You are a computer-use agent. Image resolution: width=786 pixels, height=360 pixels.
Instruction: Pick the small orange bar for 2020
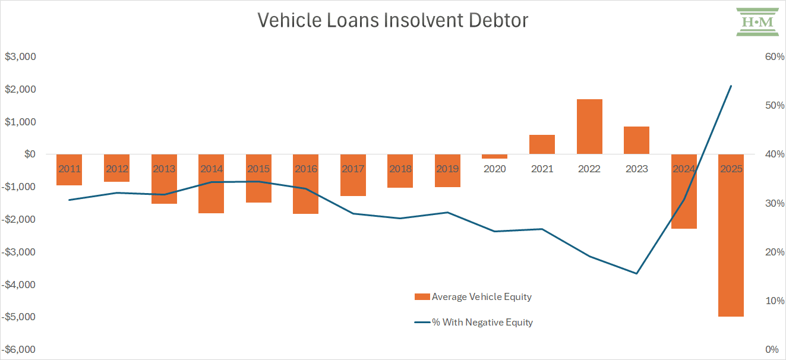tap(494, 156)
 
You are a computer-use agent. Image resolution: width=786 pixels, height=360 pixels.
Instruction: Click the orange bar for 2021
tap(542, 144)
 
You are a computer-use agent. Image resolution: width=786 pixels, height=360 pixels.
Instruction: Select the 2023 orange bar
tap(636, 140)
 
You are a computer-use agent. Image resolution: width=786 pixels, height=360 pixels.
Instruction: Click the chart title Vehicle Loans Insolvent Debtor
tap(393, 21)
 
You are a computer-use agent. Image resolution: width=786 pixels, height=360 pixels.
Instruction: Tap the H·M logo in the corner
tap(757, 22)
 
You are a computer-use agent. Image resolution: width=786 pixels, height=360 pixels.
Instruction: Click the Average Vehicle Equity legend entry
tap(473, 296)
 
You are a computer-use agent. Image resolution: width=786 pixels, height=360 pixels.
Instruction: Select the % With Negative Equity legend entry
tap(473, 323)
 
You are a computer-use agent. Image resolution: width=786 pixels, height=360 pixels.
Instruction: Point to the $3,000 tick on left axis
tap(21, 57)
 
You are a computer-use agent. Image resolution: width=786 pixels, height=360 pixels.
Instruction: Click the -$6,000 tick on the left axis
tap(19, 349)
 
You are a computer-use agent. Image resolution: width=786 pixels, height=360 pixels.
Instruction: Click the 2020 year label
tap(494, 169)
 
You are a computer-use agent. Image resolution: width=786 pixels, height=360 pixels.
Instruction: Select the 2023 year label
tap(636, 169)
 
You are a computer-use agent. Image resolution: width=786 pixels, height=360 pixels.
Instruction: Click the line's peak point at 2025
tap(731, 86)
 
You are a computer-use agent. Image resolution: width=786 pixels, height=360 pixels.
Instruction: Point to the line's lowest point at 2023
tap(636, 273)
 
